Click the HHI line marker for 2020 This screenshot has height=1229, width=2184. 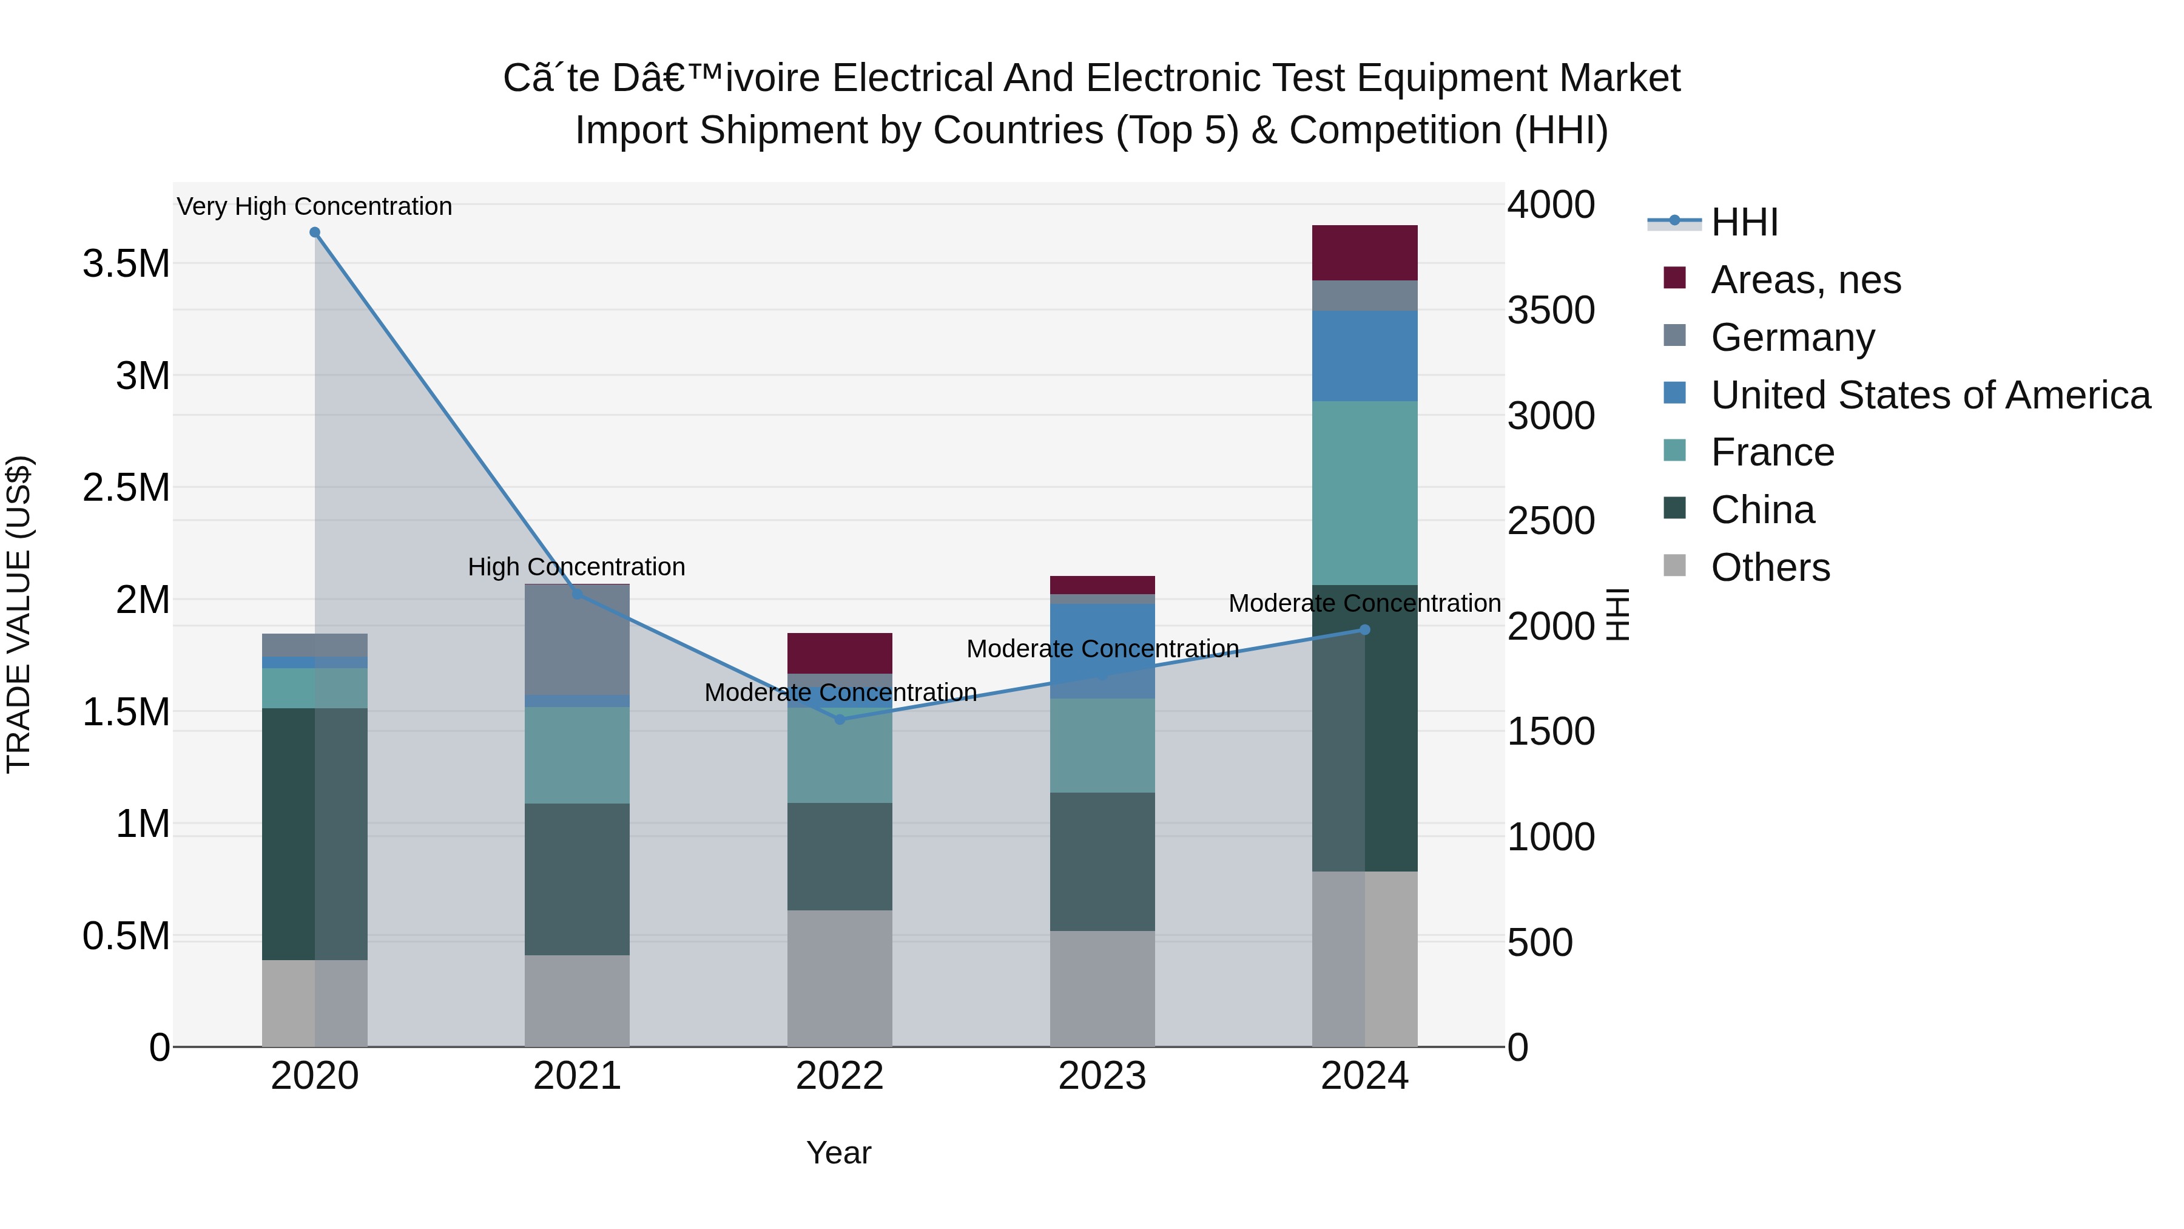[x=314, y=232]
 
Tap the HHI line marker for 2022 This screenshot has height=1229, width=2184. [x=840, y=719]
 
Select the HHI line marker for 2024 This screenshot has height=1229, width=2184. [x=1364, y=629]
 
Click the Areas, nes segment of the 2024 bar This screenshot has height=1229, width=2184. [x=1364, y=252]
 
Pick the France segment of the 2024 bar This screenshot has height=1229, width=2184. [x=1364, y=493]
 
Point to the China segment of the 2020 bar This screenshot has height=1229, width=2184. [x=314, y=834]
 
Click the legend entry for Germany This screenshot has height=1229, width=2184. [x=1792, y=337]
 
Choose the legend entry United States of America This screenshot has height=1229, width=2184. [x=1930, y=395]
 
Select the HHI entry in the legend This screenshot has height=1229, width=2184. [x=1744, y=222]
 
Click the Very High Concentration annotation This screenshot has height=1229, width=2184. [x=314, y=206]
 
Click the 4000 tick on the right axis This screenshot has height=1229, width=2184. [x=1551, y=205]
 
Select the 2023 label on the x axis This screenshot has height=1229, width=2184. [x=1102, y=1076]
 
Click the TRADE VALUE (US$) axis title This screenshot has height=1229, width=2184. [x=19, y=614]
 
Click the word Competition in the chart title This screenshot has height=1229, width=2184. [x=1397, y=130]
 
